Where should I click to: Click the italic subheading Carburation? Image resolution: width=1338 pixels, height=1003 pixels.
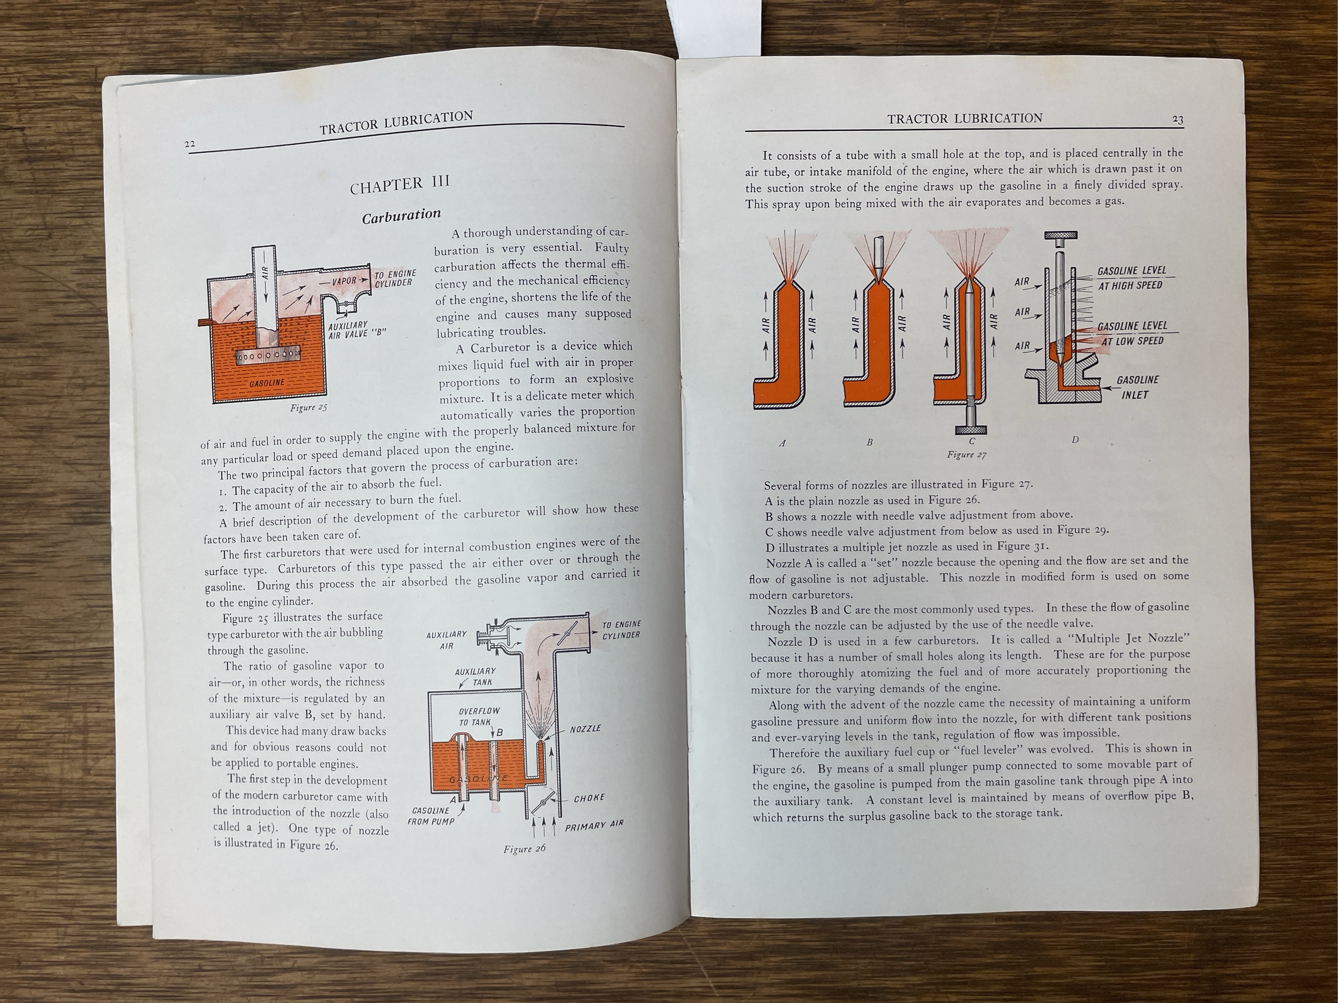click(401, 216)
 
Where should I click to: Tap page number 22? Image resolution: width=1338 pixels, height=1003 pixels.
click(190, 144)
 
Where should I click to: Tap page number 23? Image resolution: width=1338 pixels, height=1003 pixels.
click(1177, 120)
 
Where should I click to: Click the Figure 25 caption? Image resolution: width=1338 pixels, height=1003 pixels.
click(309, 408)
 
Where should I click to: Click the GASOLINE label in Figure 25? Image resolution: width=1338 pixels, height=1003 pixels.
click(267, 383)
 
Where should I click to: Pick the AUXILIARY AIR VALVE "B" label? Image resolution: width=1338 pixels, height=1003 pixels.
click(356, 329)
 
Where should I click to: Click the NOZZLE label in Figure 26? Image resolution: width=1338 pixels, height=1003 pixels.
click(585, 729)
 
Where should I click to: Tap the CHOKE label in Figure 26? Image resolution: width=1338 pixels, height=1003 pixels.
click(588, 798)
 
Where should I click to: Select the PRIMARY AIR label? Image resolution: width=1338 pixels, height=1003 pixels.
click(593, 824)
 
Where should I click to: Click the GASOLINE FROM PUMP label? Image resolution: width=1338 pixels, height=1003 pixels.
click(430, 815)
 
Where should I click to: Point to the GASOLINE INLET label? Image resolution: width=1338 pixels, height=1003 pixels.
click(1137, 387)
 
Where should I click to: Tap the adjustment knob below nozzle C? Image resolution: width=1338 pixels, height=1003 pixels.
click(970, 429)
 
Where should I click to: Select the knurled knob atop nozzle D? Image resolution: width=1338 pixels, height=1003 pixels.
click(1061, 237)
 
